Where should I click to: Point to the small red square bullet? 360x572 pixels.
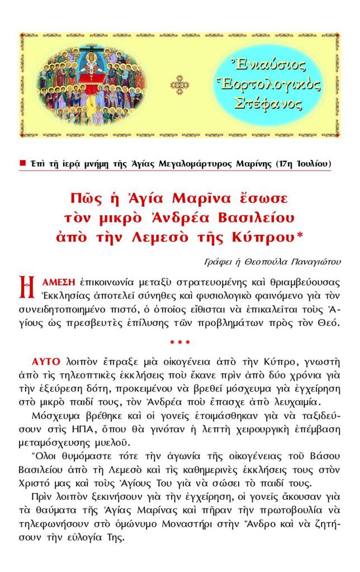tap(23, 163)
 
